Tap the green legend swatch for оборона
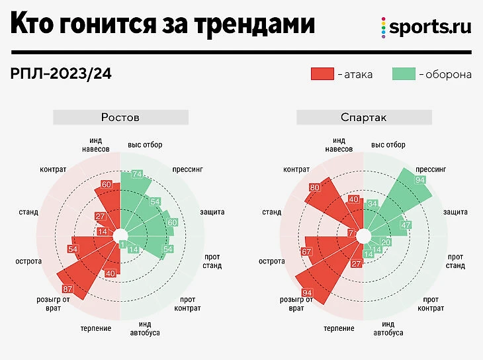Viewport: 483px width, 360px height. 403,73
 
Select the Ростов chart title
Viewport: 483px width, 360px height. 120,117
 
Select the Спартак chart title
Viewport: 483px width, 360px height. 363,117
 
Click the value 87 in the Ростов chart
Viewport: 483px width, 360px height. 67,289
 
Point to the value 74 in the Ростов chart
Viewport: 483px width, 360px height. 137,174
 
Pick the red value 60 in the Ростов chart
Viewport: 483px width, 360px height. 107,185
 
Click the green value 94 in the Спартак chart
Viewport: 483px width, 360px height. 419,180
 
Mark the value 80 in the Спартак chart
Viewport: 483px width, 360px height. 315,187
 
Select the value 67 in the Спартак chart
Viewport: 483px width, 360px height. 306,251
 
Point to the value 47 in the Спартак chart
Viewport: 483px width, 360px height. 407,225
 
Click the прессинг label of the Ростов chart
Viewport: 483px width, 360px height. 187,169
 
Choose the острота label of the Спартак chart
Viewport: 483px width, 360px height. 271,261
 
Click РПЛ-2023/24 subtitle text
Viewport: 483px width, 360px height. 61,73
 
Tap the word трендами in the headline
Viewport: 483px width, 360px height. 255,25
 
